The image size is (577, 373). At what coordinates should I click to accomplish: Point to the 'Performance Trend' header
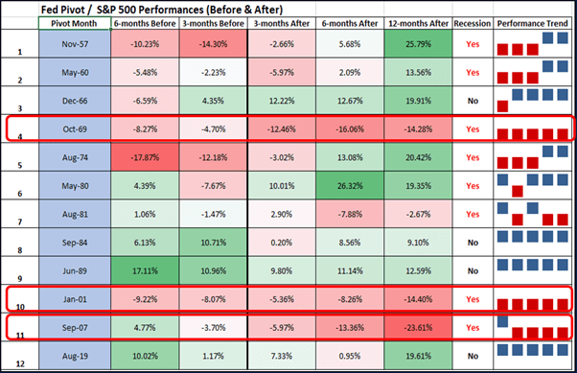tap(532, 26)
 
